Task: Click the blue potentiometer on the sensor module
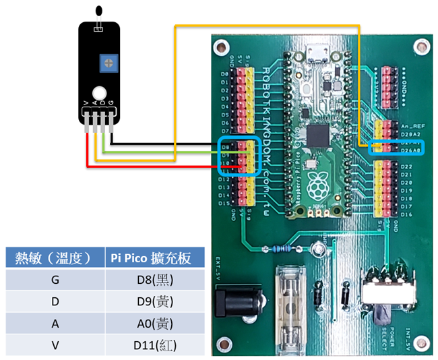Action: pyautogui.click(x=106, y=63)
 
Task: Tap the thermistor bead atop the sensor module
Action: pyautogui.click(x=100, y=10)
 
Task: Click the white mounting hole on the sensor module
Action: pyautogui.click(x=100, y=93)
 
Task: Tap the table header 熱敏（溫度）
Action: pyautogui.click(x=53, y=257)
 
